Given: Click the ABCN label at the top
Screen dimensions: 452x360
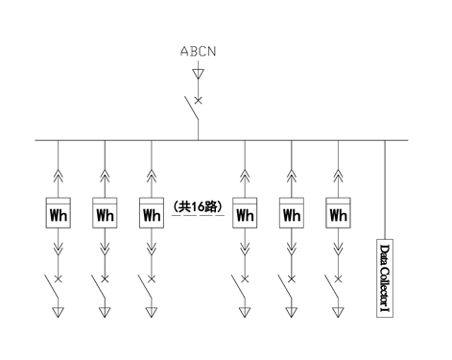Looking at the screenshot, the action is tap(198, 51).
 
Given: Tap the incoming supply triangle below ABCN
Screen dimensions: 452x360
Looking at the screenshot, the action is tap(199, 74).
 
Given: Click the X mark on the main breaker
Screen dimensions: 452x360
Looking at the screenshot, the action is tap(199, 101).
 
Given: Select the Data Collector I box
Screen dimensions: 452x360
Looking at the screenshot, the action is tap(385, 278).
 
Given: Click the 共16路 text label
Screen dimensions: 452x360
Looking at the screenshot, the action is tap(198, 206).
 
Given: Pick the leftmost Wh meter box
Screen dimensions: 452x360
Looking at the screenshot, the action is tap(59, 213).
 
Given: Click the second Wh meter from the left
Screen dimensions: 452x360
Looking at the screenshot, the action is tap(105, 213).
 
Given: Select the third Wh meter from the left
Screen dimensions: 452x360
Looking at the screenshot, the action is tap(152, 213).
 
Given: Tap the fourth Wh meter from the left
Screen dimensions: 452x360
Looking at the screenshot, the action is tap(245, 213).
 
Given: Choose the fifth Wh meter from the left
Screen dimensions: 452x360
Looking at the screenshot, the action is tap(292, 213).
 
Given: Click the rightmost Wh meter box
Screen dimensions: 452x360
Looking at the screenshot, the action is tap(338, 213).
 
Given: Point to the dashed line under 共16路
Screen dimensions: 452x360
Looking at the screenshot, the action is tap(198, 215).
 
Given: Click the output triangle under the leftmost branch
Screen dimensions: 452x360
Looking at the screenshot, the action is tap(59, 312).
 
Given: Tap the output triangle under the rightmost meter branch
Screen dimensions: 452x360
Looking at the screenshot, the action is tap(338, 312).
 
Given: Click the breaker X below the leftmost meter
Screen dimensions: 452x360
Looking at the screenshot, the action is tap(59, 279).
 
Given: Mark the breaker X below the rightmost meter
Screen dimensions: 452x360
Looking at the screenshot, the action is tap(338, 279).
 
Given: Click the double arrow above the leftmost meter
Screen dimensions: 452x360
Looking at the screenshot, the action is tap(59, 176).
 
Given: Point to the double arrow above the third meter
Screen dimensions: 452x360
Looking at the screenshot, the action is tap(152, 176).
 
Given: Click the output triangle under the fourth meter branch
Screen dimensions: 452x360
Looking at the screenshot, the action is tap(245, 312).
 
